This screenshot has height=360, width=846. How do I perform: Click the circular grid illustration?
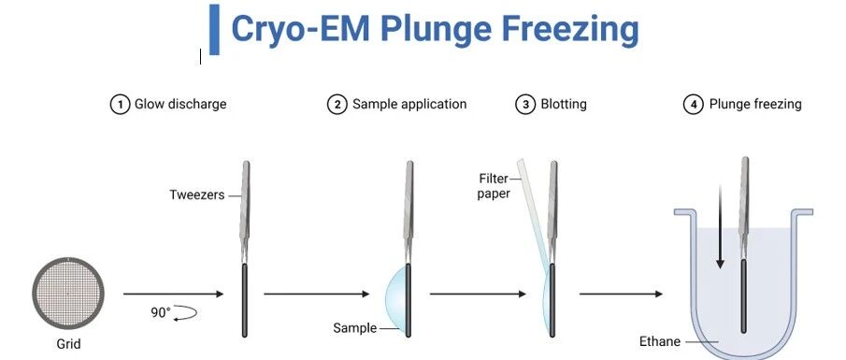coord(68,294)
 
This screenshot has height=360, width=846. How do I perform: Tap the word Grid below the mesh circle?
coord(68,344)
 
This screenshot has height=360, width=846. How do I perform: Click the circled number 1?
coord(120,104)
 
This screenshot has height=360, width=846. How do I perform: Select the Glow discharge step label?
coord(180,104)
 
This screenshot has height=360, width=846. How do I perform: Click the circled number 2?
coord(337,104)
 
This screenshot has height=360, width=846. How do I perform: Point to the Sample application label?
coord(409,104)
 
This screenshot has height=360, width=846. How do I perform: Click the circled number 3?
coord(525,104)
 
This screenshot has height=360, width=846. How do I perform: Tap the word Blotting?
coord(564,104)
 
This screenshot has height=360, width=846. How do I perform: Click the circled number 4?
coord(694,104)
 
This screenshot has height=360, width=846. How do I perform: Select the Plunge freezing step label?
coord(755,104)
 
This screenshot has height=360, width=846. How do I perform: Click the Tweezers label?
coord(197,194)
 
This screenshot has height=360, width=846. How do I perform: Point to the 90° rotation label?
coord(160,312)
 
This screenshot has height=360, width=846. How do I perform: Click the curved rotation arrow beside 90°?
coord(185,313)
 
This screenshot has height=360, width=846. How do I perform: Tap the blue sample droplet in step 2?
coord(395,296)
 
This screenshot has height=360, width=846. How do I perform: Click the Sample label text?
coord(354,327)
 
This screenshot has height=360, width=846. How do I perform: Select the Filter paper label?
coord(494,186)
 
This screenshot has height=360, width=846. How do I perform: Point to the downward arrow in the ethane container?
coord(720,226)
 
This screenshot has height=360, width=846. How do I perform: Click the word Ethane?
coord(659,341)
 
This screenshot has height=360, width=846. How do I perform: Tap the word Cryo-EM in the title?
coord(300,29)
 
